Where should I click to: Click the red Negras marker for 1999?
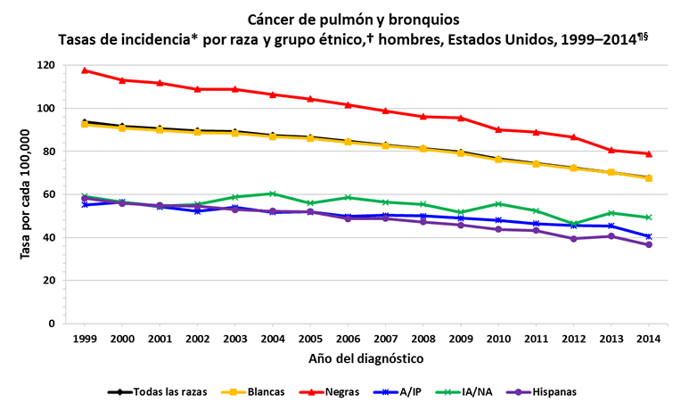click(84, 70)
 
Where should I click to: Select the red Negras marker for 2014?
click(648, 154)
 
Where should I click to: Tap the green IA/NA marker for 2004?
click(272, 193)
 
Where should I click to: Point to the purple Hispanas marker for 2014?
click(648, 244)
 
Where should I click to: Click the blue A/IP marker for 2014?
click(648, 236)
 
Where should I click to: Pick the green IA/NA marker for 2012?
click(573, 224)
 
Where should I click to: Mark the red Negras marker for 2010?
click(497, 129)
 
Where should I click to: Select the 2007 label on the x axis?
click(385, 340)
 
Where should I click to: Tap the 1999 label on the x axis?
click(84, 340)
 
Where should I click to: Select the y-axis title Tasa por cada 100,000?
click(26, 194)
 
